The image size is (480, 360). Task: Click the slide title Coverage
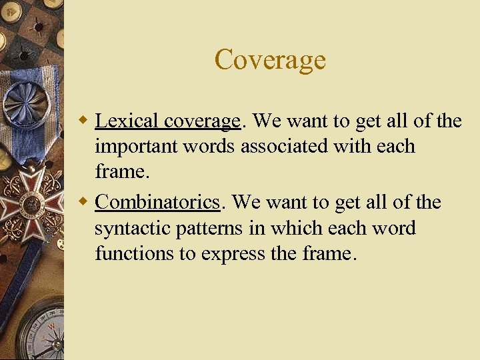[270, 60]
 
